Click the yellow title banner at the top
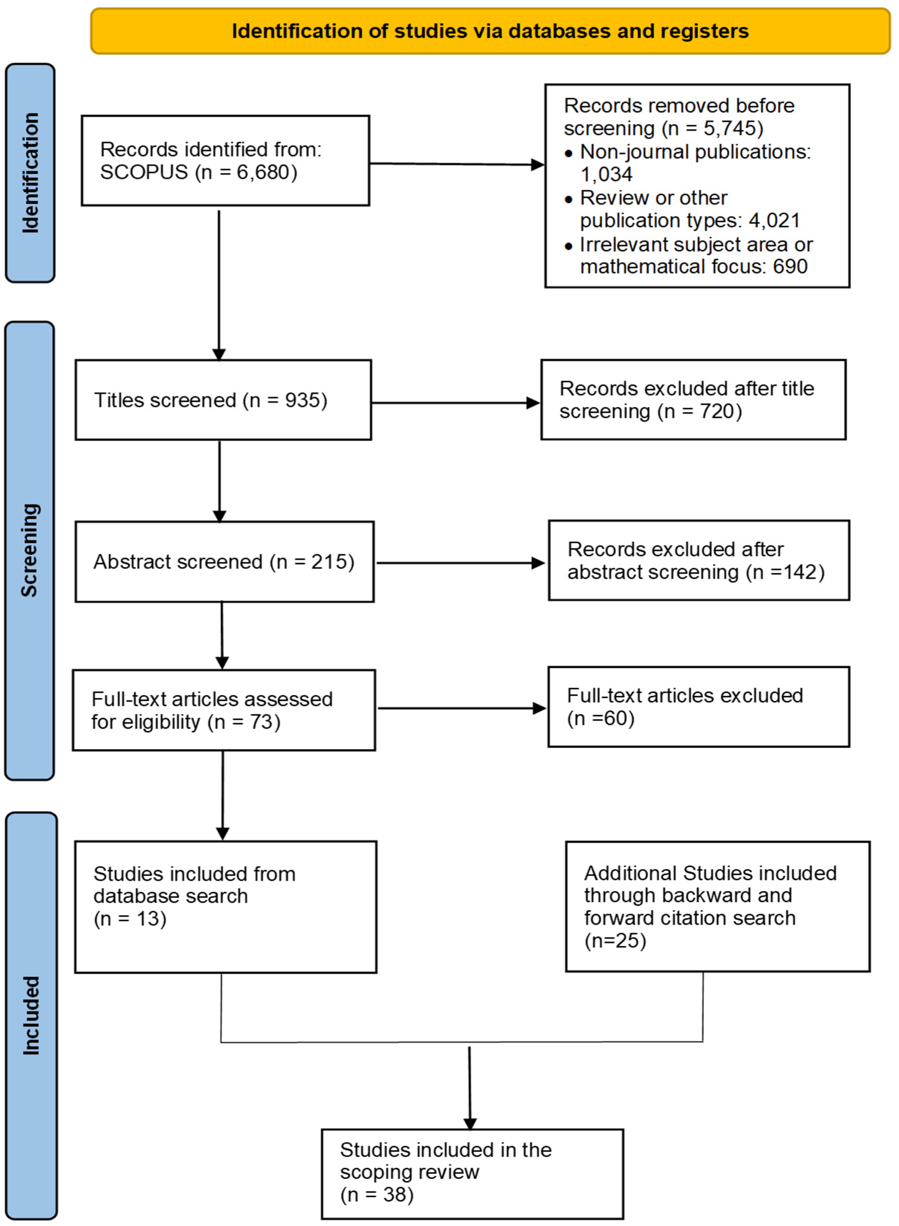click(x=490, y=31)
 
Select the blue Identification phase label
click(x=30, y=173)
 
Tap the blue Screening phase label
click(x=30, y=551)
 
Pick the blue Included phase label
click(x=31, y=1016)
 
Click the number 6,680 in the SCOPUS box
click(x=263, y=173)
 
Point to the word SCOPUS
click(x=144, y=173)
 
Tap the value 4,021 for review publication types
click(x=774, y=220)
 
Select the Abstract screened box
click(x=225, y=562)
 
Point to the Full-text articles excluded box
click(x=699, y=707)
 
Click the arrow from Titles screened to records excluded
click(x=456, y=403)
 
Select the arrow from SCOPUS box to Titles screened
click(x=219, y=286)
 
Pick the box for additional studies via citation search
click(x=718, y=907)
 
